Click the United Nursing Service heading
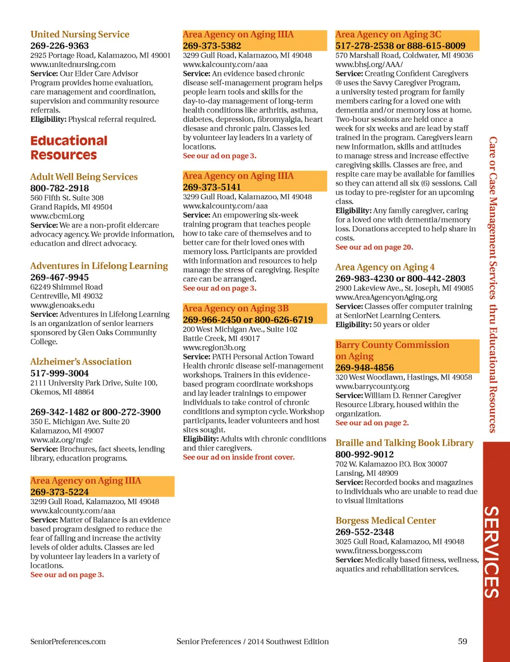(x=80, y=35)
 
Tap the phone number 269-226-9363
(x=59, y=46)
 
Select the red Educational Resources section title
(x=69, y=148)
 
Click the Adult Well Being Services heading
(x=84, y=177)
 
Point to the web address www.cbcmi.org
(x=57, y=216)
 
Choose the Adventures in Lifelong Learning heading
(x=99, y=266)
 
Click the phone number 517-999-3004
(x=59, y=373)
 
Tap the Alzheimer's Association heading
(x=81, y=362)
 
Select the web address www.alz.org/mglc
(x=61, y=440)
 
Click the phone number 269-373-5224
(x=59, y=492)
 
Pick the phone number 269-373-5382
(x=212, y=46)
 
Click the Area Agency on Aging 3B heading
(x=235, y=308)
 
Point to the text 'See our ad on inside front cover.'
(x=239, y=457)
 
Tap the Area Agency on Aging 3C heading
(x=388, y=35)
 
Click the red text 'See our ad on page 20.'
(x=374, y=247)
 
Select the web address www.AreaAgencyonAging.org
(x=386, y=297)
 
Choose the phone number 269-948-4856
(x=364, y=367)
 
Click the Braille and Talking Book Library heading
(x=404, y=443)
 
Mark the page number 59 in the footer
(x=463, y=641)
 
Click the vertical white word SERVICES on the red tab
(x=491, y=552)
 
